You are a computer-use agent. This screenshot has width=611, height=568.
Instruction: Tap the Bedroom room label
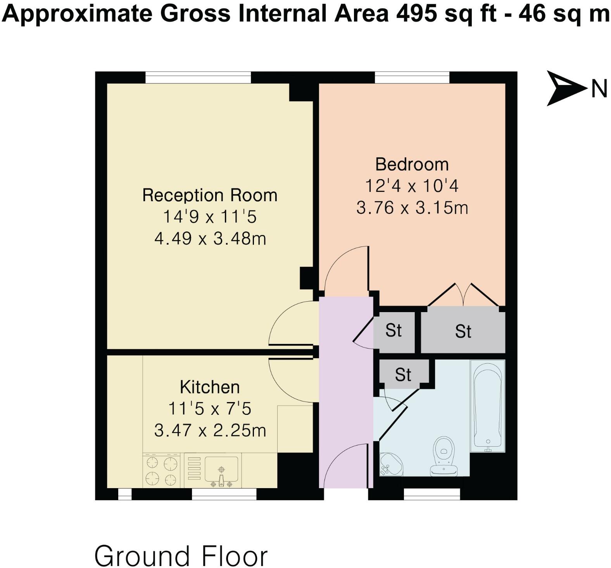(x=412, y=164)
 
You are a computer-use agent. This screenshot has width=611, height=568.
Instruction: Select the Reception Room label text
(x=210, y=195)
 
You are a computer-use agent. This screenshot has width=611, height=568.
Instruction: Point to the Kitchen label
(x=210, y=387)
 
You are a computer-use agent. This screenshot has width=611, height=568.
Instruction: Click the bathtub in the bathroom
(x=487, y=406)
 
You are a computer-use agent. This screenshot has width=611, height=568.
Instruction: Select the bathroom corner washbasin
(x=390, y=464)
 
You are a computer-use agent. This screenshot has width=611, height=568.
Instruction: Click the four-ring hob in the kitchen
(x=162, y=471)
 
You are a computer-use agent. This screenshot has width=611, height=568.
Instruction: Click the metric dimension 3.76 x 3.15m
(x=412, y=208)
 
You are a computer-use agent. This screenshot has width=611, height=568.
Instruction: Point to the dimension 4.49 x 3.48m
(x=210, y=238)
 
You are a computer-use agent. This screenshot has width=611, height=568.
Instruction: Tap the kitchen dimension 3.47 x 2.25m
(x=210, y=430)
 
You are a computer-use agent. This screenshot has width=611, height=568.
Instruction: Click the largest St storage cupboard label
(x=463, y=331)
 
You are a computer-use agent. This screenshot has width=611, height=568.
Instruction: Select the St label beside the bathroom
(x=403, y=375)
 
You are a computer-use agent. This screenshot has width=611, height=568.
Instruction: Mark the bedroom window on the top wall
(x=412, y=78)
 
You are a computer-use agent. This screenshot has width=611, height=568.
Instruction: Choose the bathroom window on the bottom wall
(x=431, y=494)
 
